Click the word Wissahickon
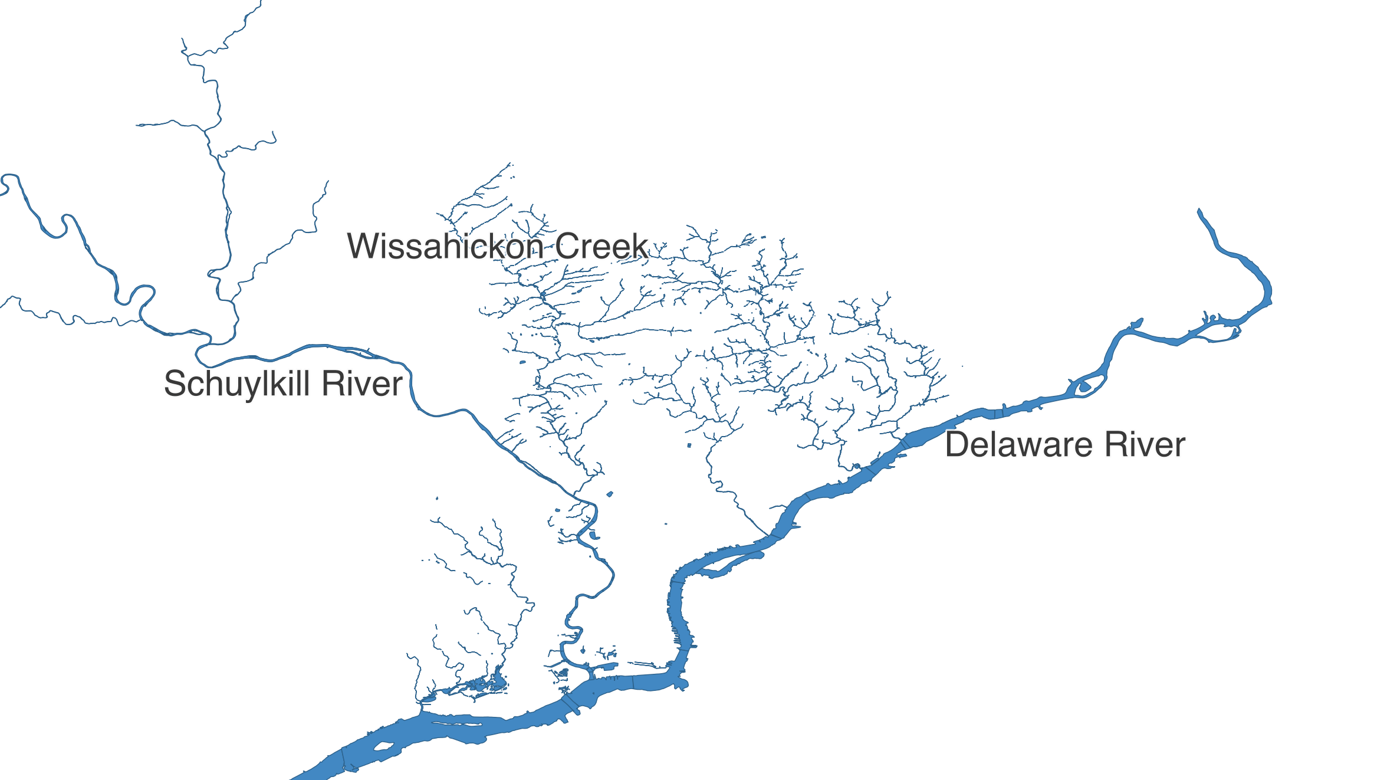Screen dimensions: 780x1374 point(445,246)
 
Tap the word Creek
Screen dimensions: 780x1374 point(601,246)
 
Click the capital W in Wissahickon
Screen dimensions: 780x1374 point(363,246)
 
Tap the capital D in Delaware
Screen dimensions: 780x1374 point(956,445)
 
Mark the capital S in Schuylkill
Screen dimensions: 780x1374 point(175,384)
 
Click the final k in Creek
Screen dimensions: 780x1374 point(640,246)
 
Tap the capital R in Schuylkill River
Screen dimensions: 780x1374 point(333,384)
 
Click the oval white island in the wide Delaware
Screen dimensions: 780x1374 point(384,746)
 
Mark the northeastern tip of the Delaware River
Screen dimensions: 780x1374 point(1199,211)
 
